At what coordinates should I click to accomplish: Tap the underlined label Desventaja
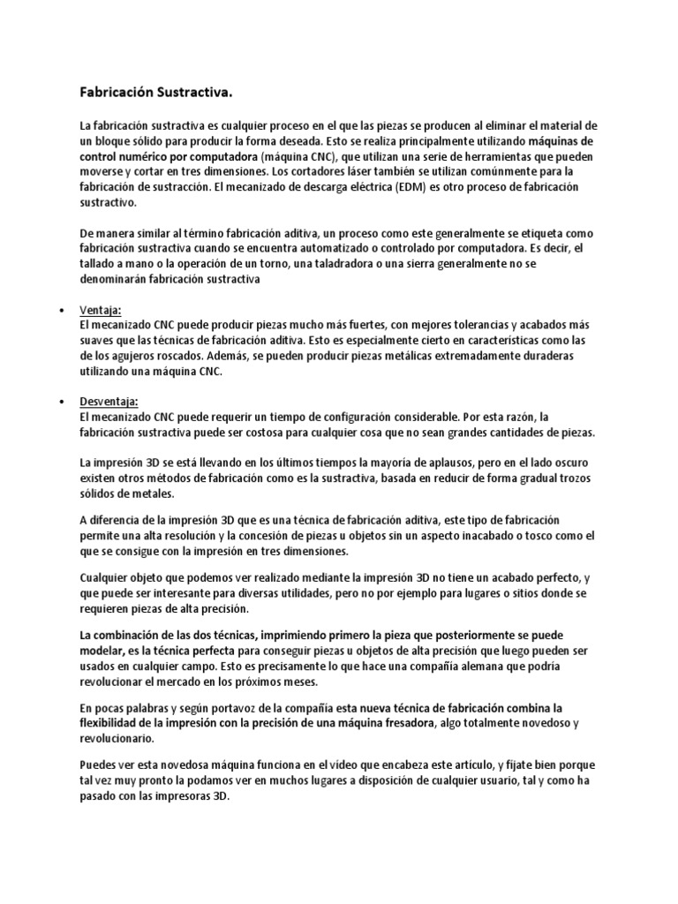click(109, 403)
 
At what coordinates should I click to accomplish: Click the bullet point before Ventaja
click(60, 311)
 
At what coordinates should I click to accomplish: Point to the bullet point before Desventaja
click(60, 403)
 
